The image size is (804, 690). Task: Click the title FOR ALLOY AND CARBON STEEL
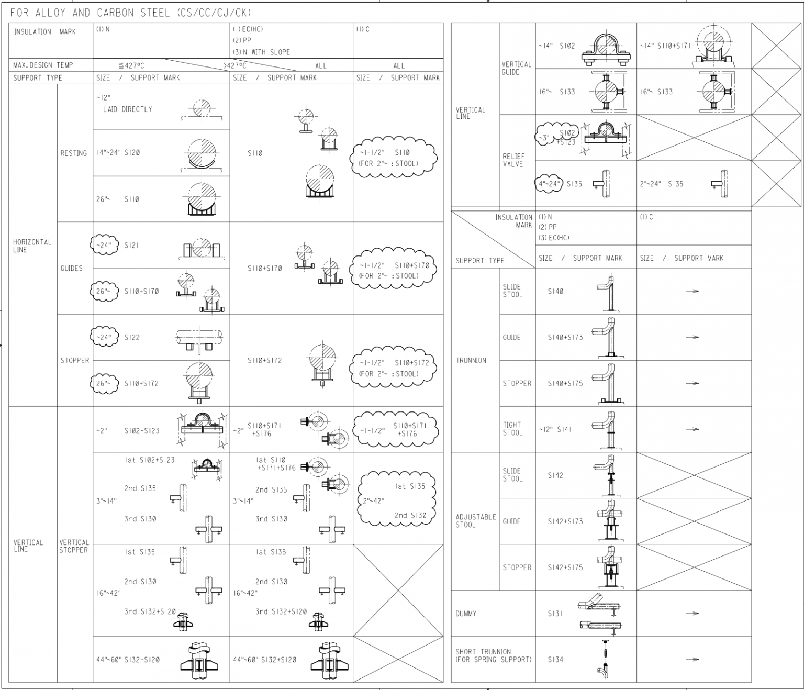131,13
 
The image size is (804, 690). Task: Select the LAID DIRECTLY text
127,109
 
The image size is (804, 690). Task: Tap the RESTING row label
74,153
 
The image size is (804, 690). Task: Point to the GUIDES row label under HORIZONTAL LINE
72,268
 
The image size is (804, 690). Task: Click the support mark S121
131,245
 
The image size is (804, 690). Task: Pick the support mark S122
132,337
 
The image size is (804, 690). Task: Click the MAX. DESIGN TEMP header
43,65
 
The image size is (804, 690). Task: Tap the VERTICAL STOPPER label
74,546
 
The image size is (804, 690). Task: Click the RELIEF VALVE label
513,160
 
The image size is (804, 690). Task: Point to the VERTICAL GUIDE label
517,68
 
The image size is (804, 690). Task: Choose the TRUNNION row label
471,360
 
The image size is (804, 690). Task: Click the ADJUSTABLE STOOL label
475,521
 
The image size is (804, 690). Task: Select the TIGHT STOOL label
512,429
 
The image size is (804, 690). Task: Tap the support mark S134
555,660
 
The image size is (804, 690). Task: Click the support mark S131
555,614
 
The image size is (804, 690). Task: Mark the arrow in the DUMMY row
692,614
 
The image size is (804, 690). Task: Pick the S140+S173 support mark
565,337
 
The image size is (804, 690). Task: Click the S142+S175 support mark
565,567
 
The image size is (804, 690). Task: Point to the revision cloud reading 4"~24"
549,184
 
